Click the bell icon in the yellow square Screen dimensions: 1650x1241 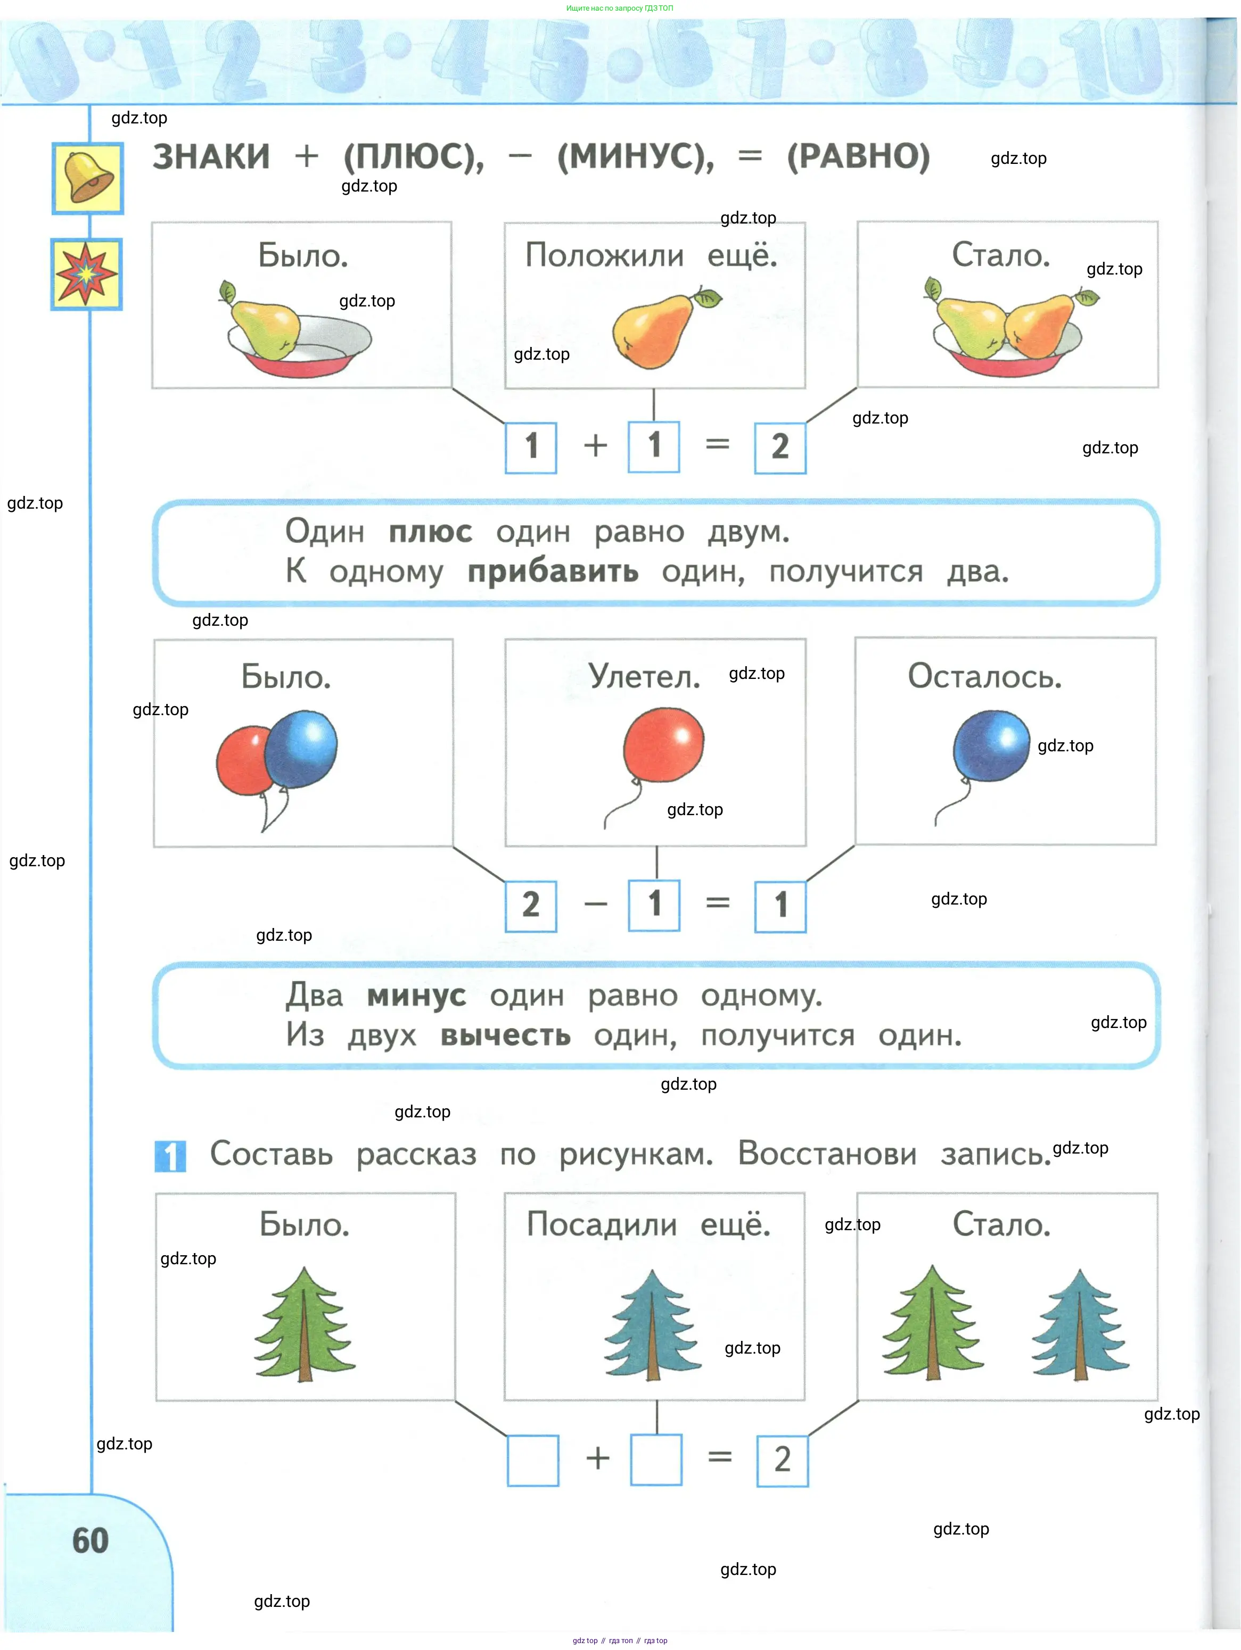tap(87, 178)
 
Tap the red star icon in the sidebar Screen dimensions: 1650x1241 tap(87, 273)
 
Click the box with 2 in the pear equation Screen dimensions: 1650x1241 tap(780, 447)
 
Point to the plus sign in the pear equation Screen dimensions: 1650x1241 tap(596, 446)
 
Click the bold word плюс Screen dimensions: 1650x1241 tap(431, 533)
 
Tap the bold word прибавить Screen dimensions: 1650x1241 tap(553, 572)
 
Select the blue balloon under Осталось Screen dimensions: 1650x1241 tap(991, 746)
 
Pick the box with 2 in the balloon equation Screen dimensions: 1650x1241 tap(531, 906)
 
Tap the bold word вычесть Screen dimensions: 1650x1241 tap(505, 1035)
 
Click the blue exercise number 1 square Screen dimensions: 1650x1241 tap(170, 1156)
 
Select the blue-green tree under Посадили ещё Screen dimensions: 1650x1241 tap(652, 1325)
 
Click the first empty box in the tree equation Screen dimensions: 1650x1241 tap(533, 1461)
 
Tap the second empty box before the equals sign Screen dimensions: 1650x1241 tap(656, 1460)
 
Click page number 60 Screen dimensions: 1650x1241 tap(91, 1541)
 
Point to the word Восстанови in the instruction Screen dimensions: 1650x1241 tap(827, 1154)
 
